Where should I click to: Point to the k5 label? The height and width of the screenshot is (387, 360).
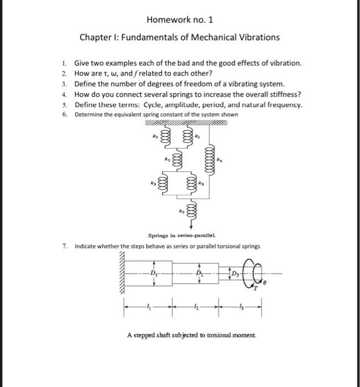181,211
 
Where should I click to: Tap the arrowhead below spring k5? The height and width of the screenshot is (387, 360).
192,226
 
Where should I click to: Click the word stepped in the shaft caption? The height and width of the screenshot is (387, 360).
144,335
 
